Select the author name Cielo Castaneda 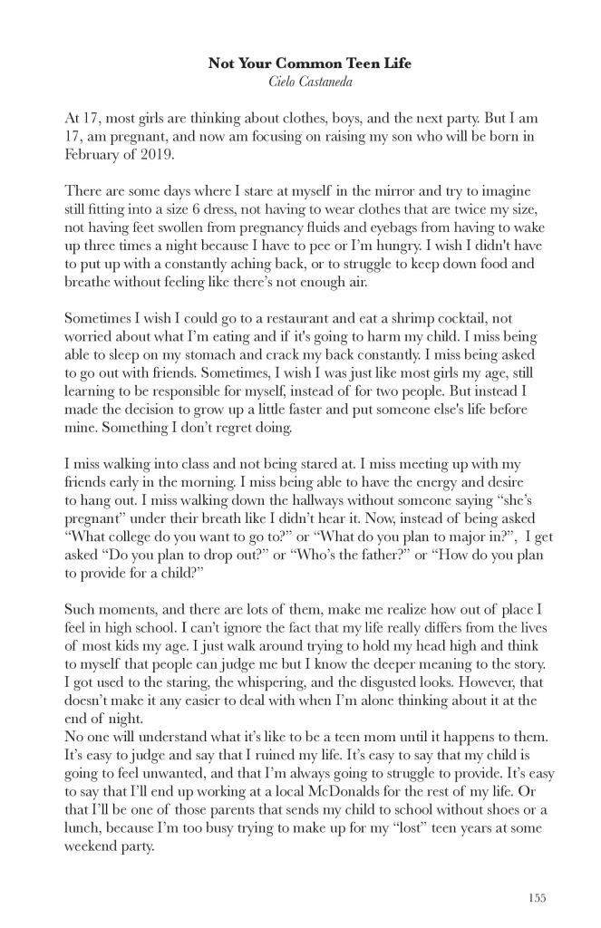point(300,82)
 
